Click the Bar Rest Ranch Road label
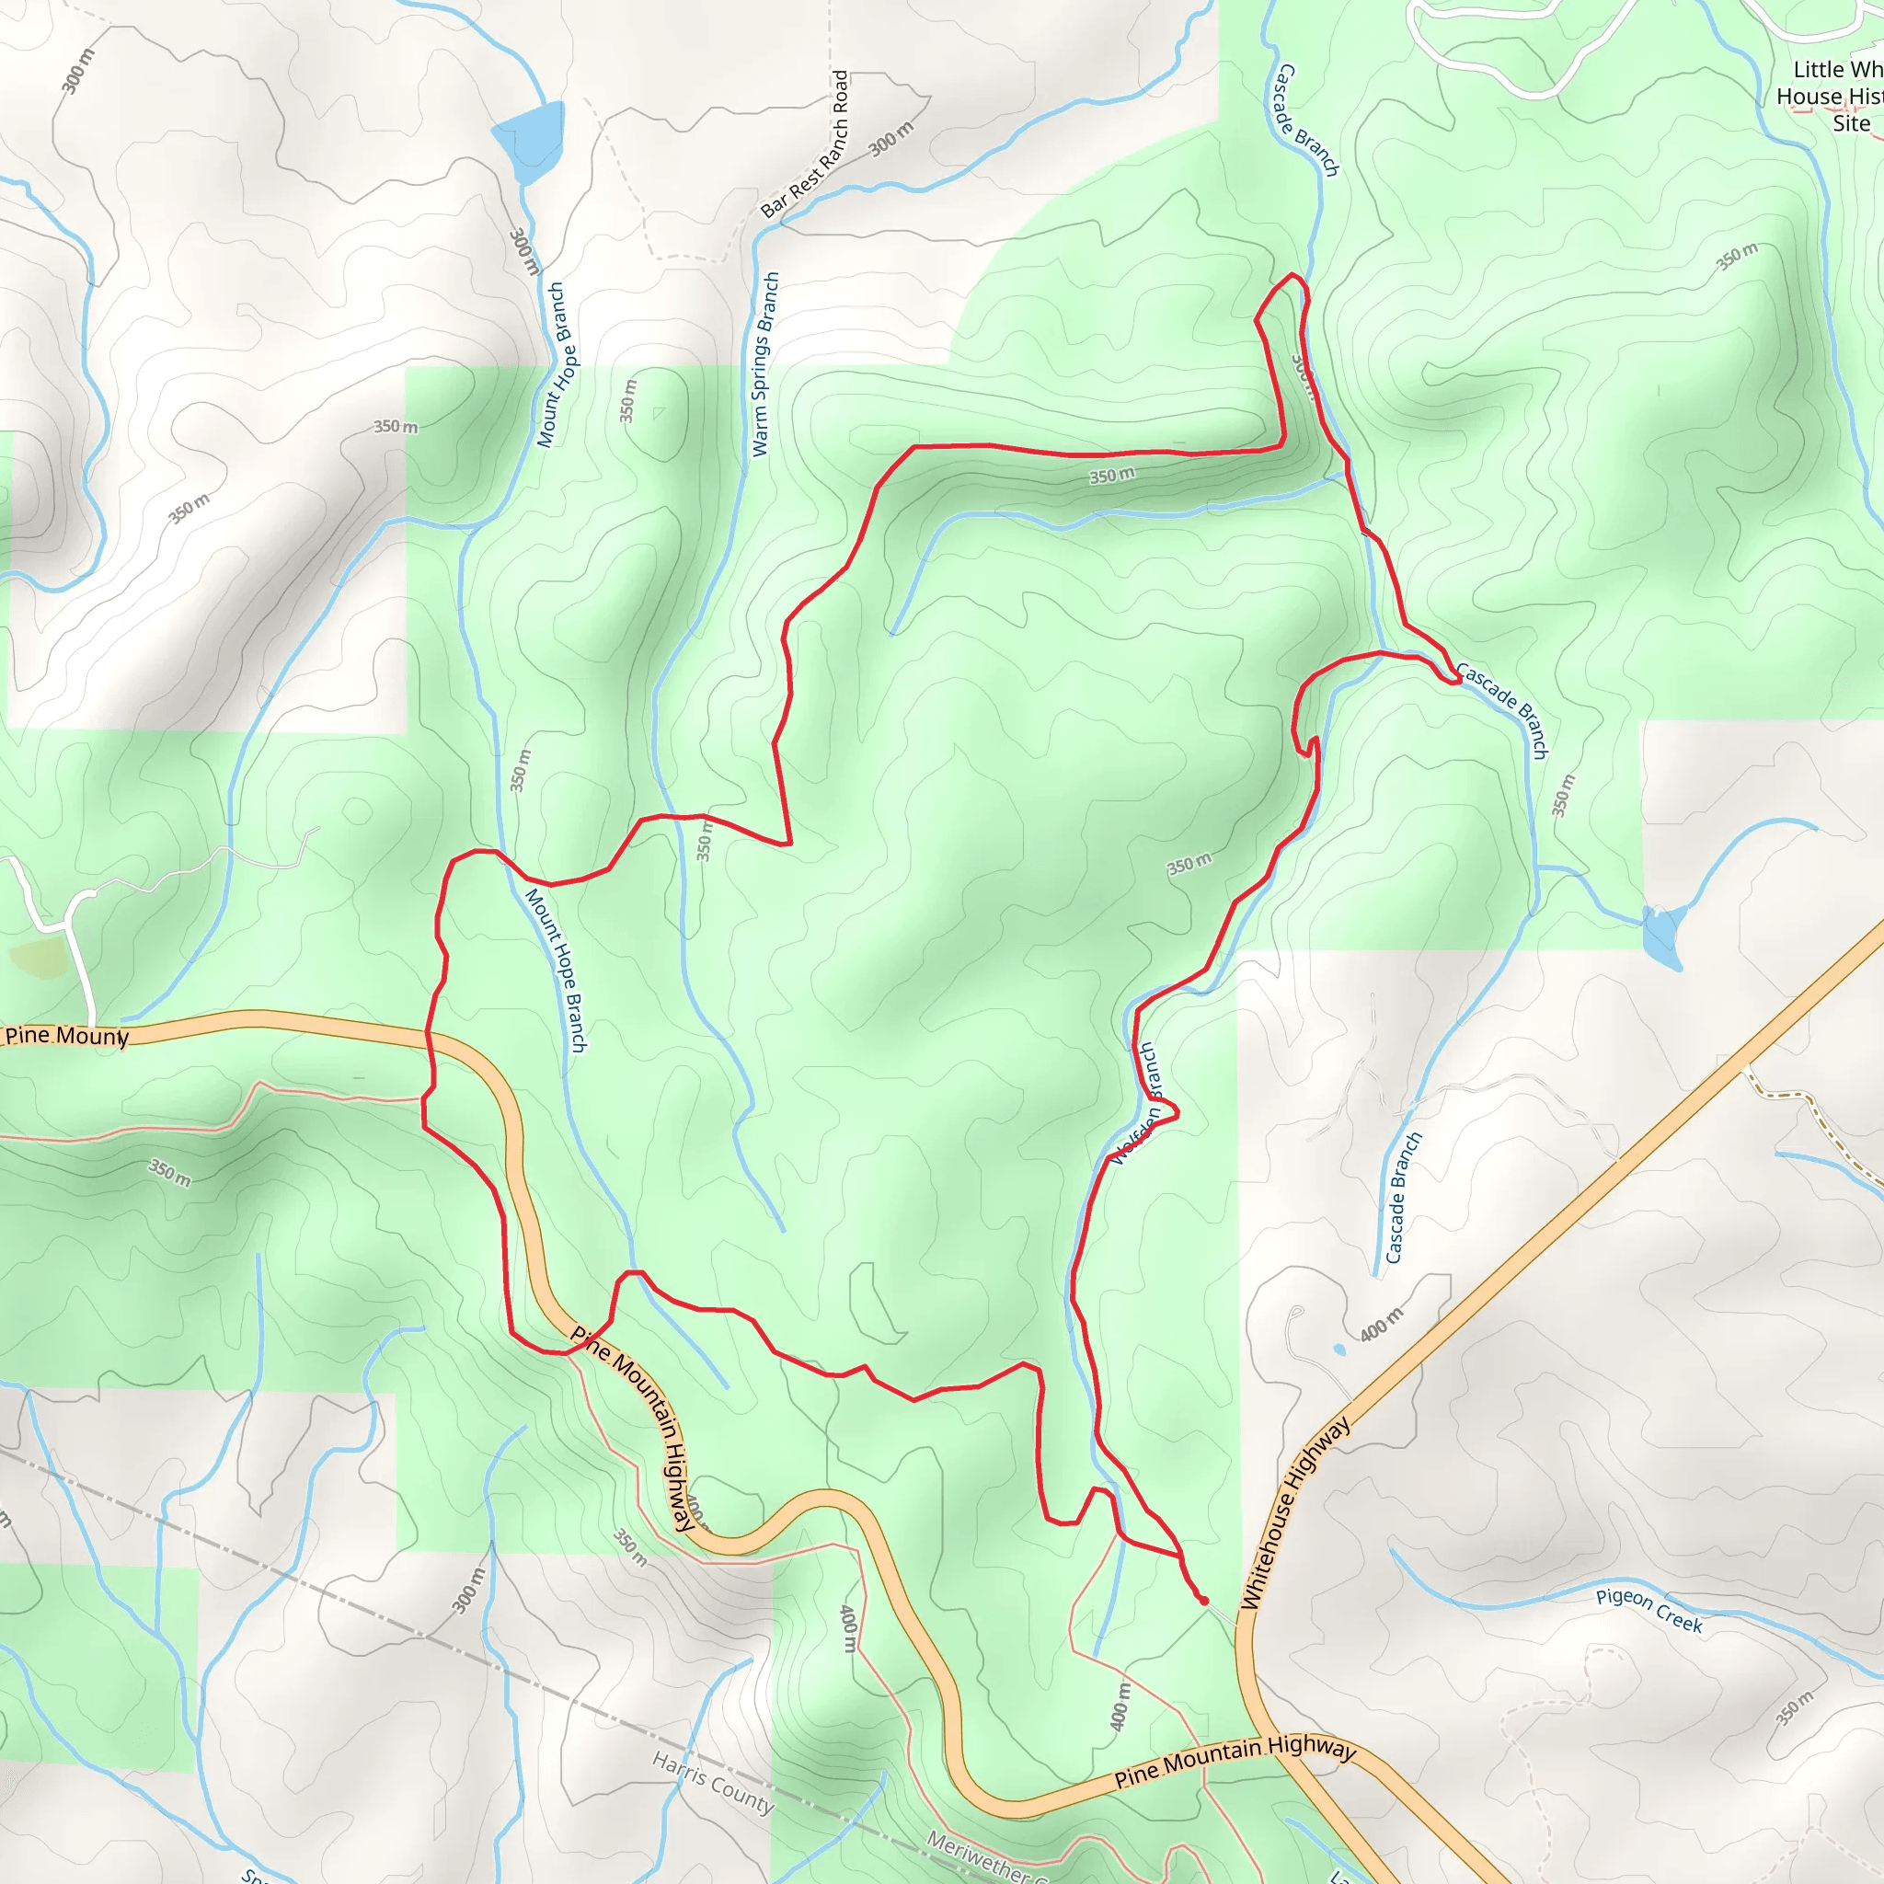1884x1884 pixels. (806, 144)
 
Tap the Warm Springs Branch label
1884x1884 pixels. (765, 363)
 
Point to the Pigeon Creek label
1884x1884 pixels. (1649, 1610)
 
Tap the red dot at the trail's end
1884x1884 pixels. (1203, 1601)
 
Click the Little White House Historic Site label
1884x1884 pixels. (1829, 96)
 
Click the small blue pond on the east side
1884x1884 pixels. (1660, 936)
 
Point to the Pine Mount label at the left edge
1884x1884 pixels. (65, 1036)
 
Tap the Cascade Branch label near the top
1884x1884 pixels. (1306, 120)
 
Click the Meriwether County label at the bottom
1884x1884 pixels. (985, 1857)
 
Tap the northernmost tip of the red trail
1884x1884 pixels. (1293, 275)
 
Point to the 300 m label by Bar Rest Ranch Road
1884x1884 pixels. (891, 140)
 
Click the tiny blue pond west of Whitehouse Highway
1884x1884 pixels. (1338, 1350)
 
